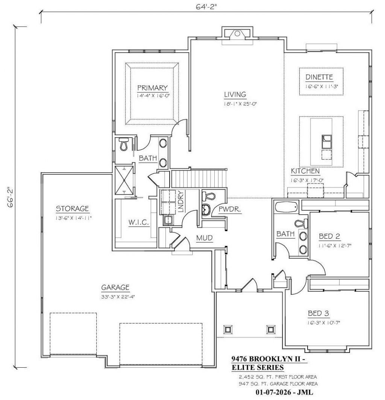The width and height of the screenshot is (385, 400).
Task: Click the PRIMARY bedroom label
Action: [152, 88]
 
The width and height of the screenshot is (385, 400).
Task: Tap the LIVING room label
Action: [235, 95]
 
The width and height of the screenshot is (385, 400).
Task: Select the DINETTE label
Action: [319, 77]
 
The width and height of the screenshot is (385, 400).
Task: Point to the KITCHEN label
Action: [305, 171]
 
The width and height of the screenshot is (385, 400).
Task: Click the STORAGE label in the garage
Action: [72, 209]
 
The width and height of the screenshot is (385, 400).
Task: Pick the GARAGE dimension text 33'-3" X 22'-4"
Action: [118, 297]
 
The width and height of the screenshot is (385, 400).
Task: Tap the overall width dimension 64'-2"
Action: [206, 7]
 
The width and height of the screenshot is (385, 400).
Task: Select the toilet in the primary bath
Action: [123, 144]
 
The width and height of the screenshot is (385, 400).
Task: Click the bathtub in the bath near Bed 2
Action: [286, 207]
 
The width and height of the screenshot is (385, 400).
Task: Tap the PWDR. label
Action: [230, 209]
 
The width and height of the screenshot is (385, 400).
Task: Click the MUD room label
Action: [205, 238]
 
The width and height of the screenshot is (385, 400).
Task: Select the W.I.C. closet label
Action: [138, 222]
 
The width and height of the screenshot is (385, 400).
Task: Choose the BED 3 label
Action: [318, 313]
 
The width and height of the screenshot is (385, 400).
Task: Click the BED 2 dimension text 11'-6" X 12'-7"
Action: [335, 245]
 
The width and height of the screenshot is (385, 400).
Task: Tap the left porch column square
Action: [228, 329]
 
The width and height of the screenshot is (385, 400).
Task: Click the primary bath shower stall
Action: [124, 180]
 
